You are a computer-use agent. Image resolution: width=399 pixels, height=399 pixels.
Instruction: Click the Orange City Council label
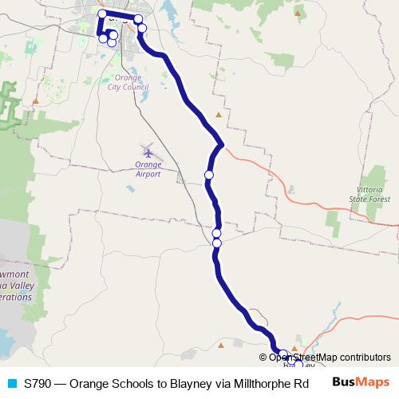tap(128, 83)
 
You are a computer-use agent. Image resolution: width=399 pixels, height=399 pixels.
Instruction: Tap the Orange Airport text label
tap(148, 169)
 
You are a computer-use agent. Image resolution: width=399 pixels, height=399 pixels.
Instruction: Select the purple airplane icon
tap(148, 151)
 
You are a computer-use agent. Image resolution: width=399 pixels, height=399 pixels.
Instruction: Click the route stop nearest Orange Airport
tap(209, 175)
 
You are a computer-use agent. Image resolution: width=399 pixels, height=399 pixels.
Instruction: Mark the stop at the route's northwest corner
tap(101, 14)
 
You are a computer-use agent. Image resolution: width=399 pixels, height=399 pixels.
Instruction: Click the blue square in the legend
tap(11, 383)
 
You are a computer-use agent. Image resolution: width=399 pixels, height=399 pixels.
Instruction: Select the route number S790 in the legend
tap(38, 383)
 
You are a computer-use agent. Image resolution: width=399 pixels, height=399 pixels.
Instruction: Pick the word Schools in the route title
tap(131, 383)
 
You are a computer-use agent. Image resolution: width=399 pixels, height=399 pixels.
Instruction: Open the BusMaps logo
tap(361, 382)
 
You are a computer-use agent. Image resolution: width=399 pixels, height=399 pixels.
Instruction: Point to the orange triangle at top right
tap(298, 13)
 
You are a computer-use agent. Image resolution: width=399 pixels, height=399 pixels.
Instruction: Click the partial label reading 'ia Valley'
tap(16, 285)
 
